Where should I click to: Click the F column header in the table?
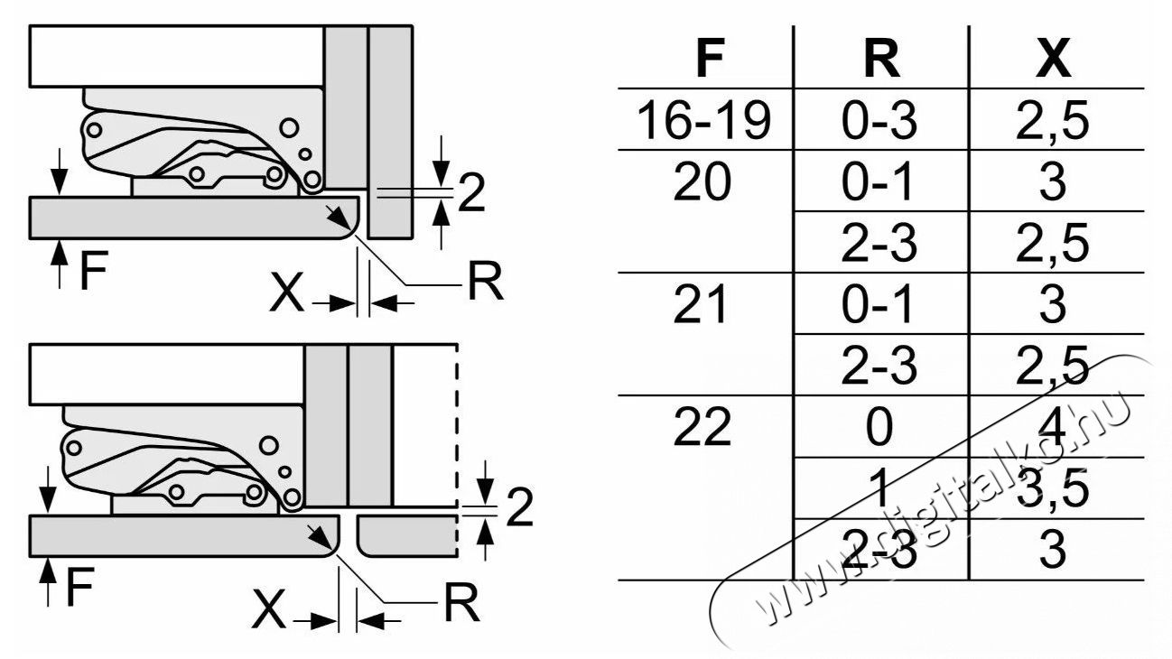click(x=710, y=59)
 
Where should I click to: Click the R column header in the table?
click(x=882, y=59)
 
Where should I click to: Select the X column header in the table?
click(x=1053, y=59)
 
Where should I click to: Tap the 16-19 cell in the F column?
click(x=703, y=121)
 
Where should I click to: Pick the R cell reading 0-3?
click(x=879, y=121)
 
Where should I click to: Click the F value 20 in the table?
click(x=702, y=181)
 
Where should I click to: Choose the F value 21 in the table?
click(x=700, y=304)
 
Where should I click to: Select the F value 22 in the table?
click(x=702, y=427)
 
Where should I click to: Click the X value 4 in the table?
click(x=1053, y=427)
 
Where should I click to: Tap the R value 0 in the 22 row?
click(x=879, y=427)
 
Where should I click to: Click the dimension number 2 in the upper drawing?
click(x=471, y=193)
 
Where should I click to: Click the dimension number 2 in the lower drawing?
click(x=519, y=507)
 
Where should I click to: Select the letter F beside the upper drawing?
click(x=94, y=270)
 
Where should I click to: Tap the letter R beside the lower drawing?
click(x=461, y=602)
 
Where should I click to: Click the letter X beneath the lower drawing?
click(x=268, y=609)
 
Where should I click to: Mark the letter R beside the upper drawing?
click(x=486, y=282)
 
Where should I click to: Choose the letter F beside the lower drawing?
click(x=80, y=586)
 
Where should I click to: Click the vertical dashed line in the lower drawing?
click(x=457, y=450)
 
